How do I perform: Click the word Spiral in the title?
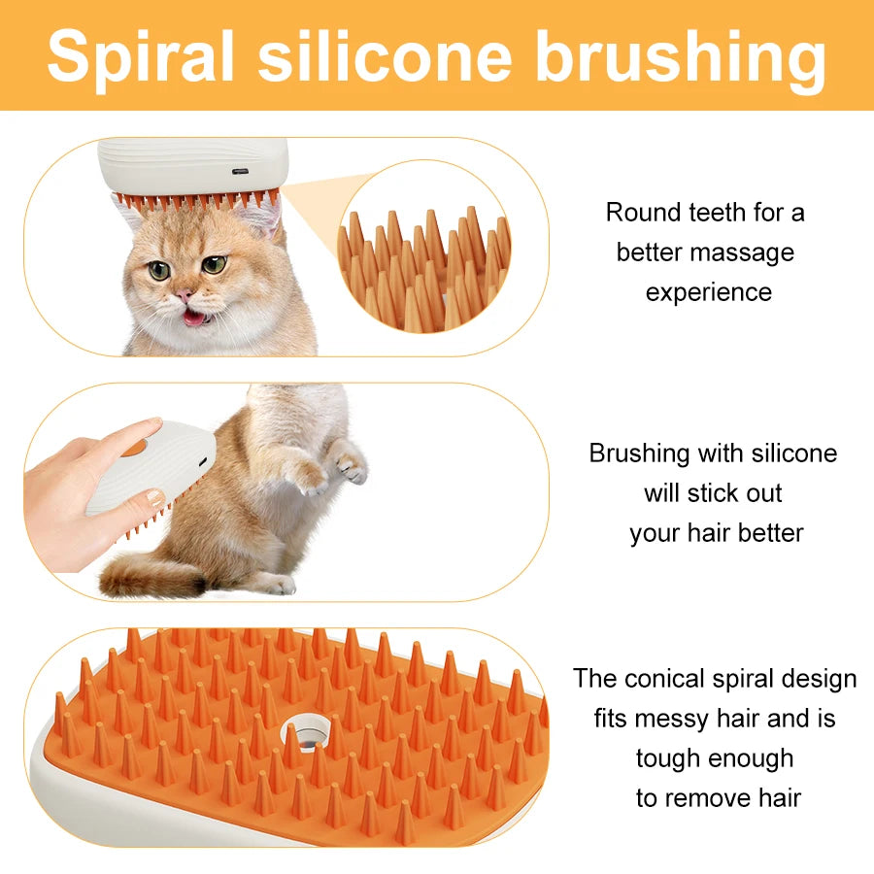click(x=142, y=55)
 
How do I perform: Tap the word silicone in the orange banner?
click(x=385, y=55)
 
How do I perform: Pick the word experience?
click(x=709, y=292)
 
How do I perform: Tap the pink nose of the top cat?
click(x=183, y=294)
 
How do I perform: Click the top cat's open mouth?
click(x=195, y=317)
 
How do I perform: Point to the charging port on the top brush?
click(x=239, y=172)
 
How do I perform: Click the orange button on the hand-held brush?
click(x=134, y=448)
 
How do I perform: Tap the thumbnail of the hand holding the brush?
click(x=154, y=497)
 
